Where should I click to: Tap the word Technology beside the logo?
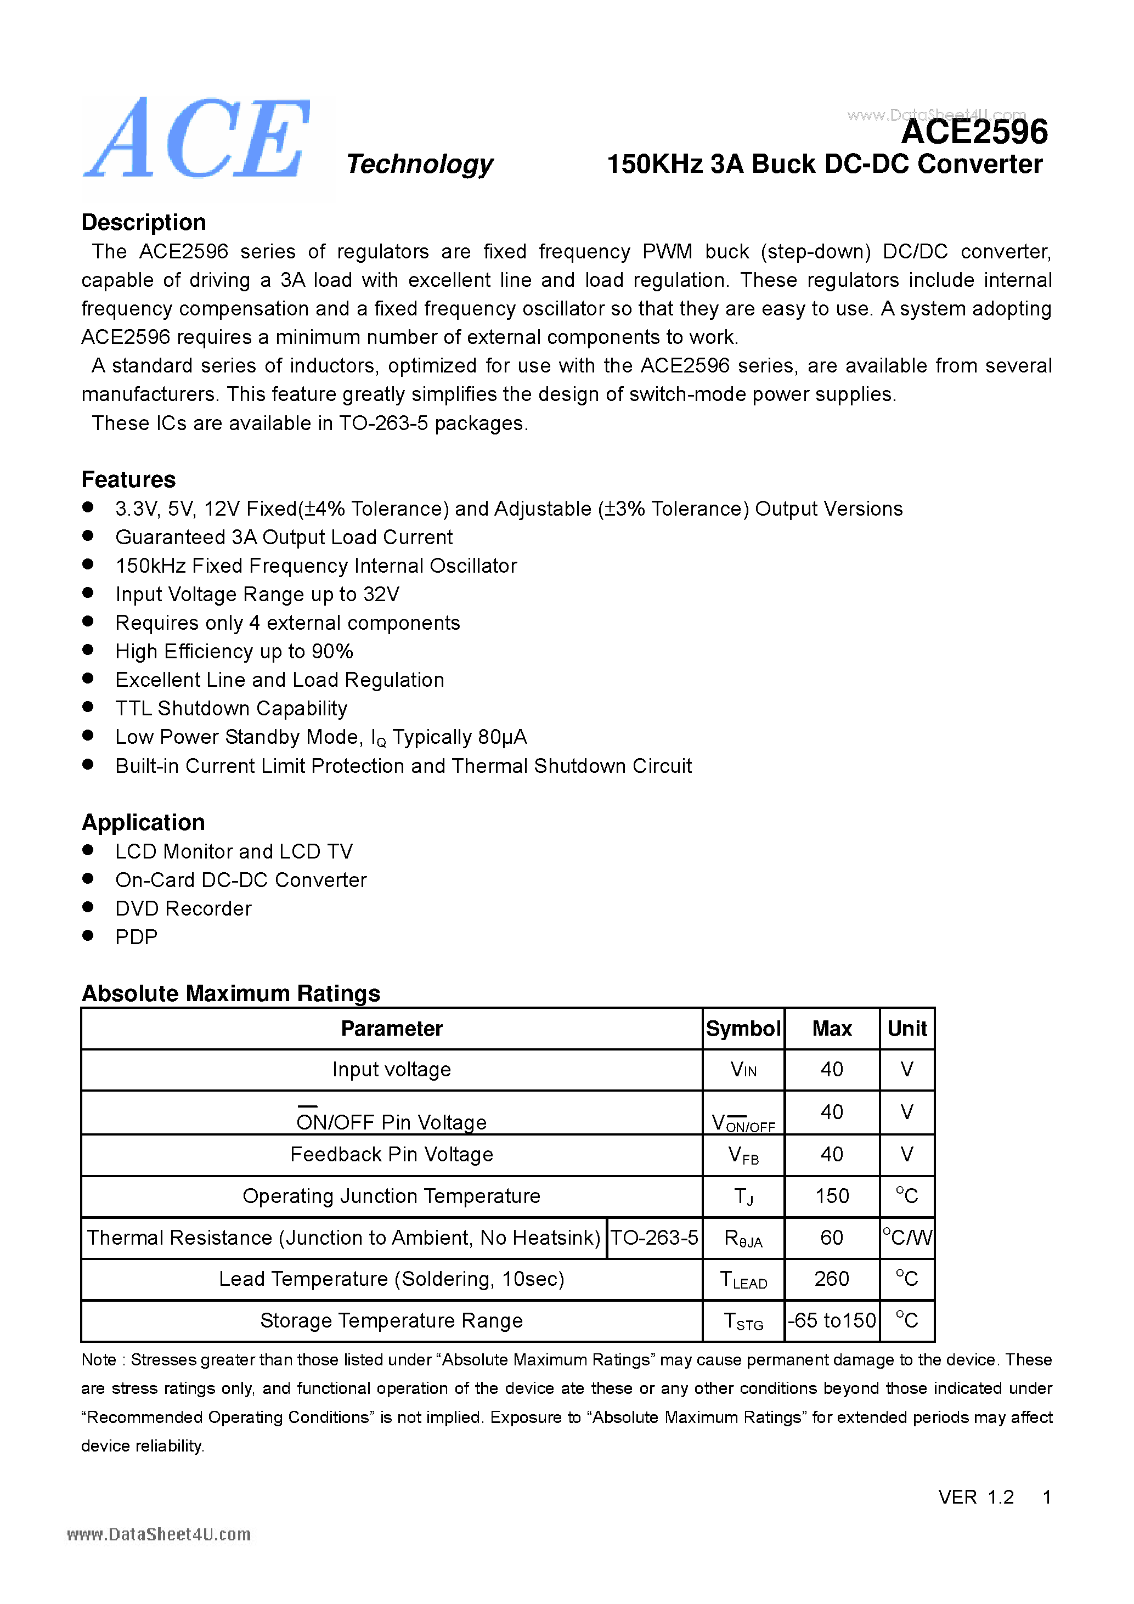tap(419, 164)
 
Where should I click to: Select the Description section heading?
tap(143, 222)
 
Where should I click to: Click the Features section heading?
tap(128, 479)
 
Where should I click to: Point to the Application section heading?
tap(143, 822)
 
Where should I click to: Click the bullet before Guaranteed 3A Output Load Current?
tap(88, 536)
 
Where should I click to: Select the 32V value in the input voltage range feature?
tap(381, 595)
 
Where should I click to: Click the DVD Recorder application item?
tap(183, 908)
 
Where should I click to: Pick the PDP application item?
tap(136, 937)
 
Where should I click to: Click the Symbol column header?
tap(743, 1029)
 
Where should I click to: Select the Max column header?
tap(832, 1029)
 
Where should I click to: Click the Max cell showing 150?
tap(832, 1196)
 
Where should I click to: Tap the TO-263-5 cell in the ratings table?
tap(654, 1238)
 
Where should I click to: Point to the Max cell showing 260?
tap(832, 1279)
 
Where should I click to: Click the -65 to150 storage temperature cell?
tap(832, 1320)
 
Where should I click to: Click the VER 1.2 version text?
tap(975, 1497)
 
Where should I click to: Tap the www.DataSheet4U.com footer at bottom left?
tap(159, 1535)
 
